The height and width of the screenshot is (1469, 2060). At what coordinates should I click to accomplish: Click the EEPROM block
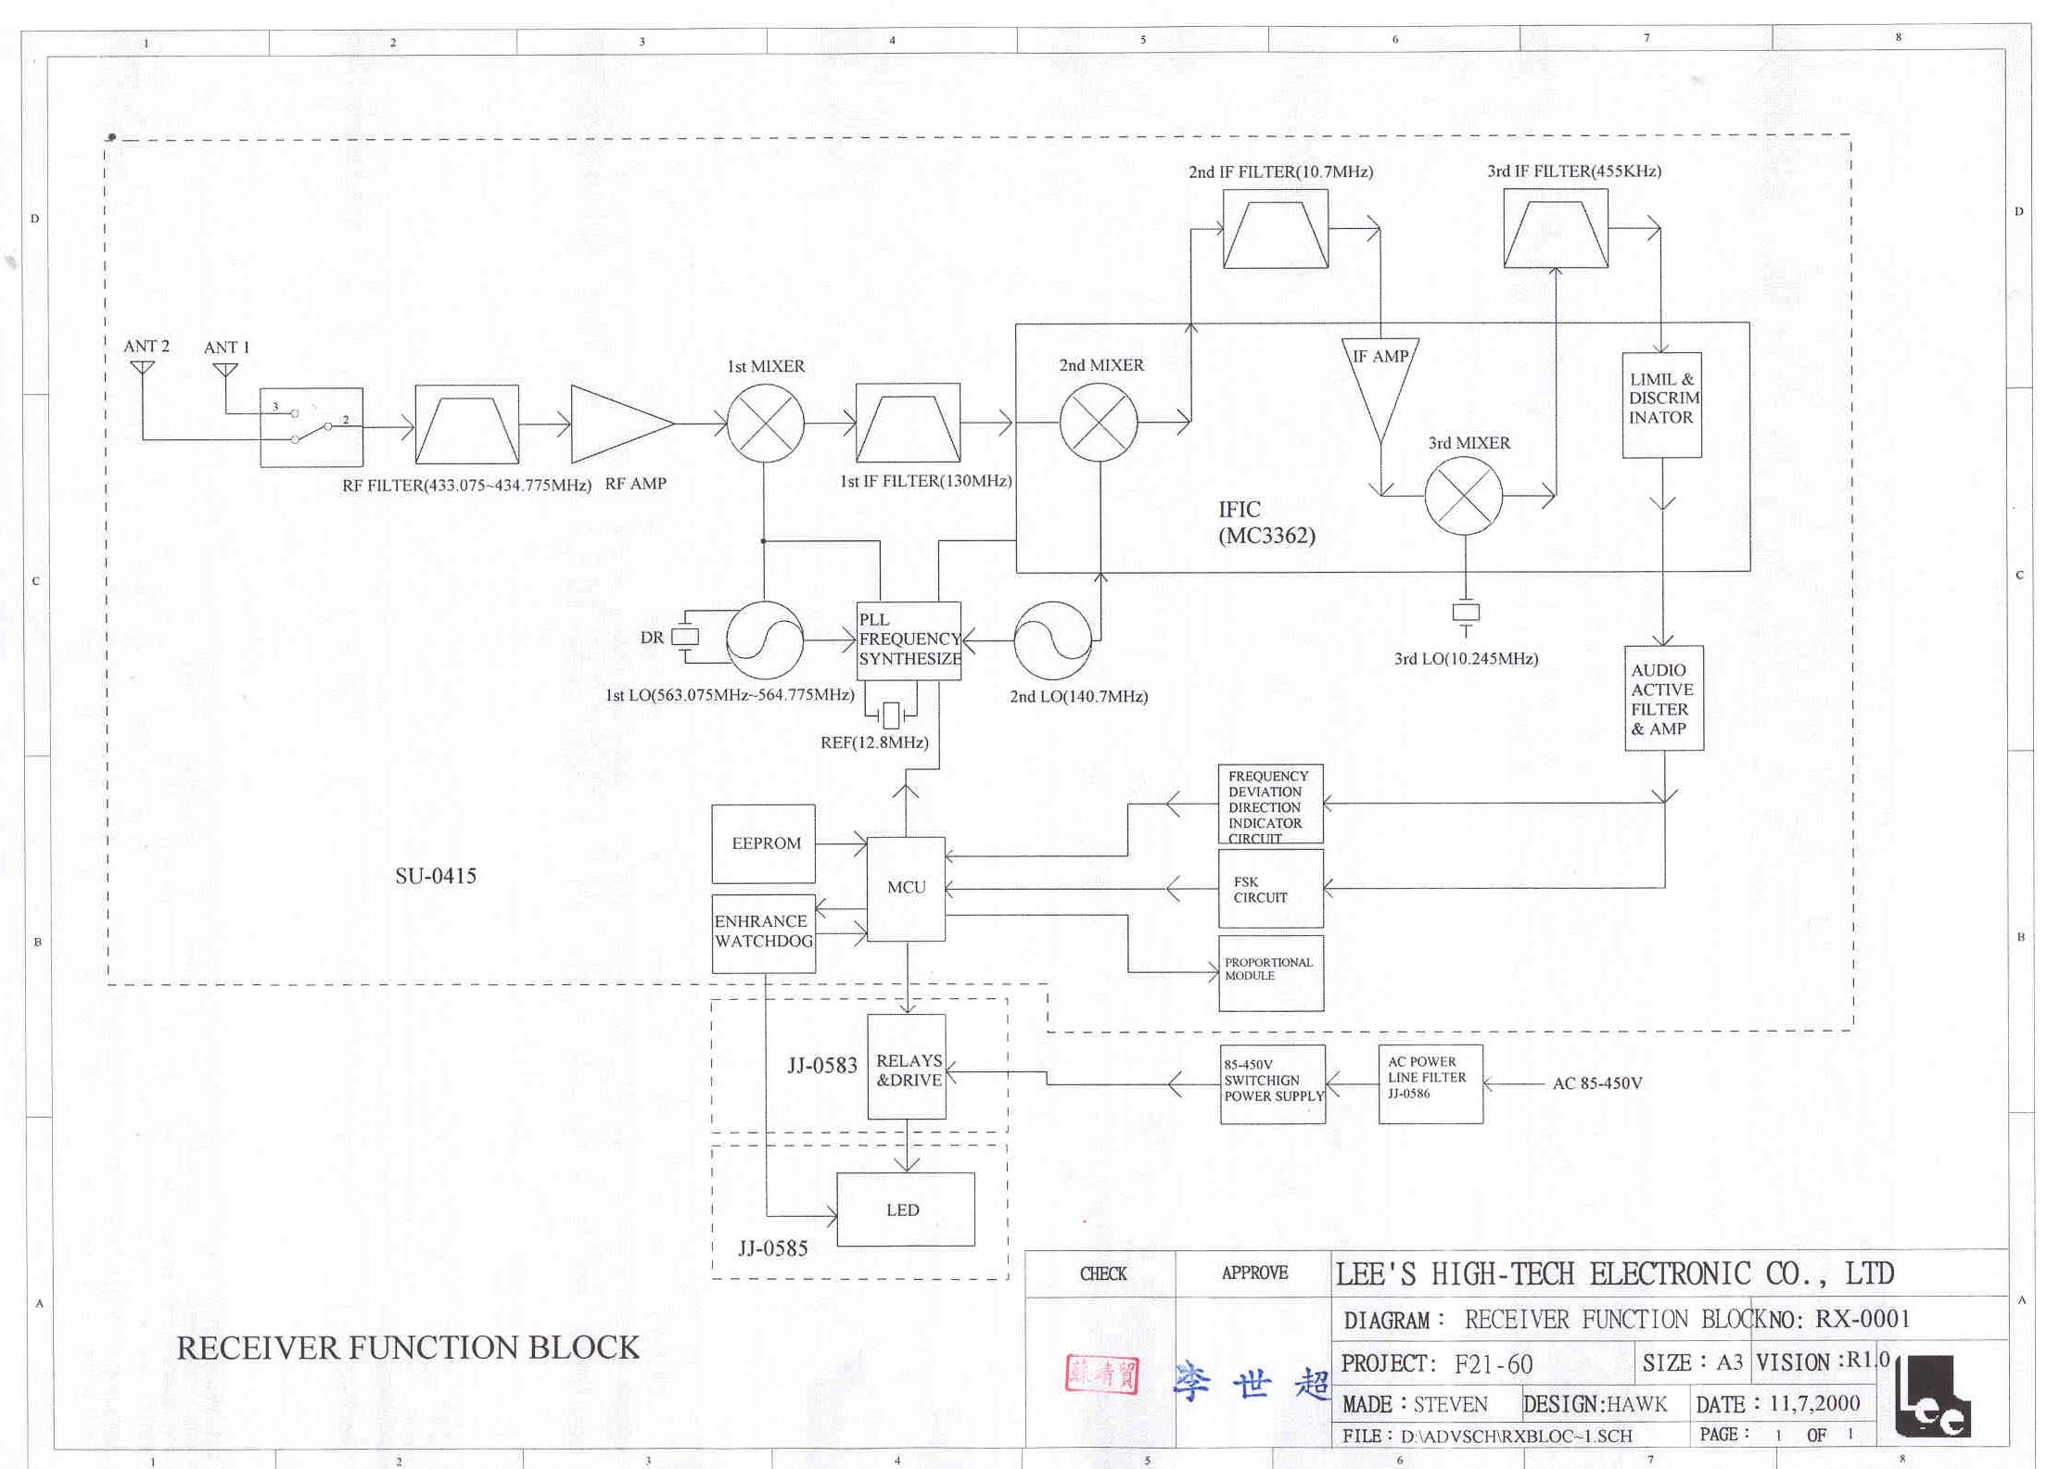point(763,843)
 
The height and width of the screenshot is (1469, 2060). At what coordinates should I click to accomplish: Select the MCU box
point(906,888)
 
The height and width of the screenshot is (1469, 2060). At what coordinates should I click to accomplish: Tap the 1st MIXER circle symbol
point(765,423)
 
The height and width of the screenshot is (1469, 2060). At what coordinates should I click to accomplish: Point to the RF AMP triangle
point(617,424)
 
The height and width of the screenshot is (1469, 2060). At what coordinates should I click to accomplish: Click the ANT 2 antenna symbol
point(143,368)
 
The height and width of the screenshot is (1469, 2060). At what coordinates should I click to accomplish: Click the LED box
point(905,1209)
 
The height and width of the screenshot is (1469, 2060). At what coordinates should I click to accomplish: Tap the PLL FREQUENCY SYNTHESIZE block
point(909,640)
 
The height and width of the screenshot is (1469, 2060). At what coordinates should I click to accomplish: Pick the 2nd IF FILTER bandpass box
point(1275,229)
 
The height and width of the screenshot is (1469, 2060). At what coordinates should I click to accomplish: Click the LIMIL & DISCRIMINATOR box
point(1661,404)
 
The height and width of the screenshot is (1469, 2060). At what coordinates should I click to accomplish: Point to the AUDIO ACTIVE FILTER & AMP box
point(1664,698)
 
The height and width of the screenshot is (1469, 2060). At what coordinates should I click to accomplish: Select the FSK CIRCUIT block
point(1270,889)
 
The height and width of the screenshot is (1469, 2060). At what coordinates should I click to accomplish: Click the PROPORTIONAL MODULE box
point(1270,972)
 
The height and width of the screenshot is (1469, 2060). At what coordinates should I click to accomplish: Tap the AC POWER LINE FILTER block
point(1430,1083)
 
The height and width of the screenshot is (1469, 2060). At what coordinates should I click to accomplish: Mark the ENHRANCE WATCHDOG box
point(763,932)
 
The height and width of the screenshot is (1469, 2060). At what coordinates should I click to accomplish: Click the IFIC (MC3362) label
point(1265,522)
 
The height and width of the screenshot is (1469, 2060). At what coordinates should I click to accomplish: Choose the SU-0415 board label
point(436,876)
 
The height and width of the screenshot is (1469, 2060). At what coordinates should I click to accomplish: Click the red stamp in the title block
point(1101,1374)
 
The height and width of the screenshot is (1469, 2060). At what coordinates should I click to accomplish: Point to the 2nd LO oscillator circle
point(1052,640)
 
